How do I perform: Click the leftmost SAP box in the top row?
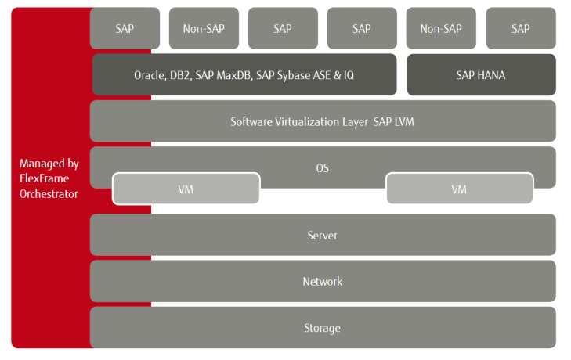125,29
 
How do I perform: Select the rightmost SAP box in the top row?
520,29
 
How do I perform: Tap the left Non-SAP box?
204,29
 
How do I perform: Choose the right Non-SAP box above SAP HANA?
441,29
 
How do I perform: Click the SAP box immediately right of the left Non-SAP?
283,29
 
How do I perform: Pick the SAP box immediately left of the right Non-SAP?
362,29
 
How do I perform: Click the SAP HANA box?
481,75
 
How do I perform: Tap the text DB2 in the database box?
182,75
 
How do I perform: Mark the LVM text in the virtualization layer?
404,121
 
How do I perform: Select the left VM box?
186,189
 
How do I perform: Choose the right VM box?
459,189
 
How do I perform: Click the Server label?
323,236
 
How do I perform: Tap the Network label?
323,282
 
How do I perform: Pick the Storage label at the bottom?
323,328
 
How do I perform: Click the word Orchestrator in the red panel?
49,193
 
